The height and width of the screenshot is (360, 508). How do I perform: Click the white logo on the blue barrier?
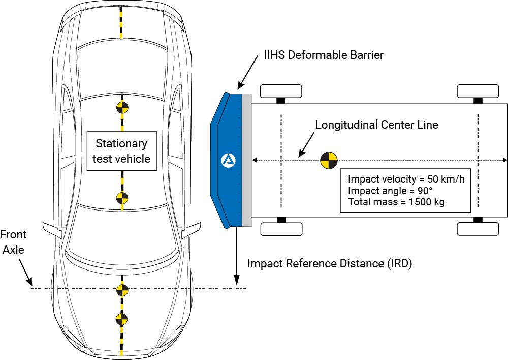coord(229,161)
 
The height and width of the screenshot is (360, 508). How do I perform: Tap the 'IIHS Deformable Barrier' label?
coord(324,55)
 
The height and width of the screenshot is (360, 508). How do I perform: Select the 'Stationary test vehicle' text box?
coord(122,151)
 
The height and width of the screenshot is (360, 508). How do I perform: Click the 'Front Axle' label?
coord(13,242)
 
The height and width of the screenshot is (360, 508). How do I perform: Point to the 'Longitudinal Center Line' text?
coord(377,125)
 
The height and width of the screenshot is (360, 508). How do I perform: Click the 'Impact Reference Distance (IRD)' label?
coord(330,263)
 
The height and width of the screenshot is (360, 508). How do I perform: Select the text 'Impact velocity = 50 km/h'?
coord(406,179)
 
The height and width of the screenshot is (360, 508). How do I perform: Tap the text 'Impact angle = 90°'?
coord(390,191)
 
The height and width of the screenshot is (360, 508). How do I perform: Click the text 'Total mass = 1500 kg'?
coord(396,202)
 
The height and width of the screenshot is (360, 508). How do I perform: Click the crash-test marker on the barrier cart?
coord(329,160)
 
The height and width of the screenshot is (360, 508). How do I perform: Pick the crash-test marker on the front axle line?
coord(122,290)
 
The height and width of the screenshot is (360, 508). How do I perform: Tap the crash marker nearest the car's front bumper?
coord(122,319)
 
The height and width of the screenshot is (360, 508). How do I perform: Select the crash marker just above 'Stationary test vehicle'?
coord(122,108)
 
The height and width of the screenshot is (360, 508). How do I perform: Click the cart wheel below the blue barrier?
coord(281,229)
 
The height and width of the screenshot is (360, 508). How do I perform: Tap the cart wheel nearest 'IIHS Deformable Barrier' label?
coord(281,91)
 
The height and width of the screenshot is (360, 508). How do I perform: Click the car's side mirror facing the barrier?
coord(191,230)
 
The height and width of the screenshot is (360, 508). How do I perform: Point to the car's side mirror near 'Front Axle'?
coord(52,230)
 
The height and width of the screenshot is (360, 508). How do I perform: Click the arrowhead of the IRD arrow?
coord(237,280)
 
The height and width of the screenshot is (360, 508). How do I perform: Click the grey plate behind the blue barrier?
coord(247,160)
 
